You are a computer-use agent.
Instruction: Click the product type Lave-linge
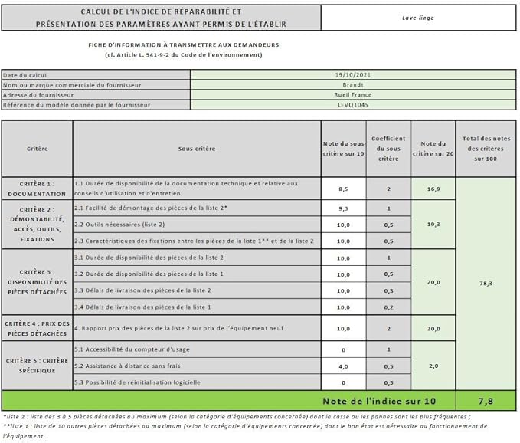(418, 16)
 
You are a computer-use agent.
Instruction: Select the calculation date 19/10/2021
(352, 74)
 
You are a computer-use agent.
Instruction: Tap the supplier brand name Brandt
(352, 84)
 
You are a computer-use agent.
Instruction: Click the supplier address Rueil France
(352, 94)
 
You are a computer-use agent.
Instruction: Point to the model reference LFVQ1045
(352, 104)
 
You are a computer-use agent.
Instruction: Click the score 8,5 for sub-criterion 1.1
(343, 188)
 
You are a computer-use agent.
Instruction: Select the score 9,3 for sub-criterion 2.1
(343, 208)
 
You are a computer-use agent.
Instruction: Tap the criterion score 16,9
(433, 188)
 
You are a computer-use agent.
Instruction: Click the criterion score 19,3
(433, 224)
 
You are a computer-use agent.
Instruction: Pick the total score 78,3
(486, 283)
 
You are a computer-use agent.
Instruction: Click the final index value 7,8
(486, 401)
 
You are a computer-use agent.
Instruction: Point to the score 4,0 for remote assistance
(343, 366)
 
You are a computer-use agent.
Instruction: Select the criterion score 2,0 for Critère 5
(433, 366)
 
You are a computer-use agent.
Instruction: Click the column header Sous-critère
(196, 148)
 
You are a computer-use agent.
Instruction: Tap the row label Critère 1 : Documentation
(38, 189)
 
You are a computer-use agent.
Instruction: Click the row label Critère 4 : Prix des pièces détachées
(38, 328)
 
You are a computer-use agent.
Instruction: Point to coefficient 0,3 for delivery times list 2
(388, 290)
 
